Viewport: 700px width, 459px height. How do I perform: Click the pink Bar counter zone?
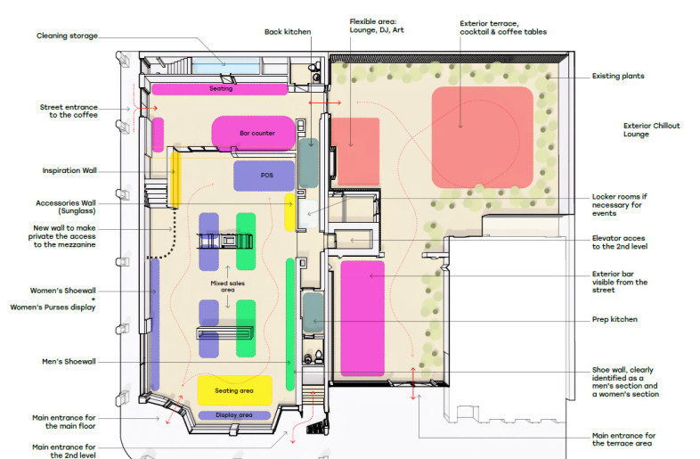253,133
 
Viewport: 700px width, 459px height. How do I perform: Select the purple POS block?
264,176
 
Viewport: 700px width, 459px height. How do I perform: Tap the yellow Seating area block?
235,390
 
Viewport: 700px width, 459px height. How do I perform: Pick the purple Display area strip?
234,415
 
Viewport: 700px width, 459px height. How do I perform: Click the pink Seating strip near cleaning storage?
220,89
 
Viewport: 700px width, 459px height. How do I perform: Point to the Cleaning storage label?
67,36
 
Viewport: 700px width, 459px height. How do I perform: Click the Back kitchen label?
288,32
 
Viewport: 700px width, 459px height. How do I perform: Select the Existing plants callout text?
618,76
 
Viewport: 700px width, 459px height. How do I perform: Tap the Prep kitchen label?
615,319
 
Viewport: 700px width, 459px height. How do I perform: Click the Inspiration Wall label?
69,170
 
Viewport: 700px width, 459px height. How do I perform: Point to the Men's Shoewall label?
69,361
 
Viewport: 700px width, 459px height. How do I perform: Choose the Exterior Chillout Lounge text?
651,129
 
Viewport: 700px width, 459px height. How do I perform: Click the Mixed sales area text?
228,286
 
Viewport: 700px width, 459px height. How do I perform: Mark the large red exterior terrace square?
482,137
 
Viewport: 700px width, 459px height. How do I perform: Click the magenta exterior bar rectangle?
362,318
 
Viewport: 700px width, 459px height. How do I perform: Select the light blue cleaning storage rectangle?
226,66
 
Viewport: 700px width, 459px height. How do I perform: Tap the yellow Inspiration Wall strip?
175,180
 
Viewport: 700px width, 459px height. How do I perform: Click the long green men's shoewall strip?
290,324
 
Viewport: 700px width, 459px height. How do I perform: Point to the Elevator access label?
620,242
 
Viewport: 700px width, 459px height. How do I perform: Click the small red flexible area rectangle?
355,152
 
